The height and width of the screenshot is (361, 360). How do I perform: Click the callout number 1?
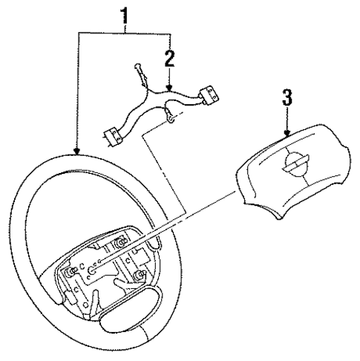pos(125,13)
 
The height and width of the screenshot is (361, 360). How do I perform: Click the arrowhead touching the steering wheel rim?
pos(77,154)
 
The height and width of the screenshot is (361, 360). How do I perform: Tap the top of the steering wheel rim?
pos(96,160)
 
